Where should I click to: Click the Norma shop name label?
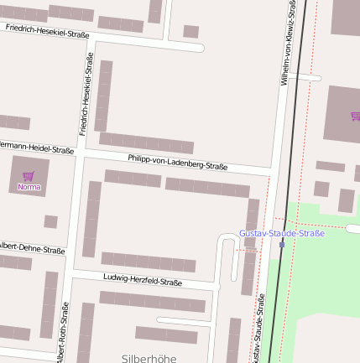[29, 187]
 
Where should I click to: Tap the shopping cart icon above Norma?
[29, 176]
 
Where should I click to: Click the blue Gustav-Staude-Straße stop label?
[281, 232]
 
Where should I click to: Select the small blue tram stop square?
[282, 245]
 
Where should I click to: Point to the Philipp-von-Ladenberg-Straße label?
[178, 162]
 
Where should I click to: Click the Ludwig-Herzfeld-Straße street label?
[142, 281]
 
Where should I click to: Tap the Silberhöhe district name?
[149, 357]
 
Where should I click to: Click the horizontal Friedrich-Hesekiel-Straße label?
[47, 33]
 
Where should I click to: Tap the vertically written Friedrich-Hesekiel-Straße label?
[86, 92]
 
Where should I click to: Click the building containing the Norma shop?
[29, 177]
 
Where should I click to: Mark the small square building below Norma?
[50, 221]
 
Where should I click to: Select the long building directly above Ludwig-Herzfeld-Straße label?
[148, 261]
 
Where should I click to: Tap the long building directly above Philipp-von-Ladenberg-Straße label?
[146, 143]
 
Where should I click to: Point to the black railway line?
[295, 126]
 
